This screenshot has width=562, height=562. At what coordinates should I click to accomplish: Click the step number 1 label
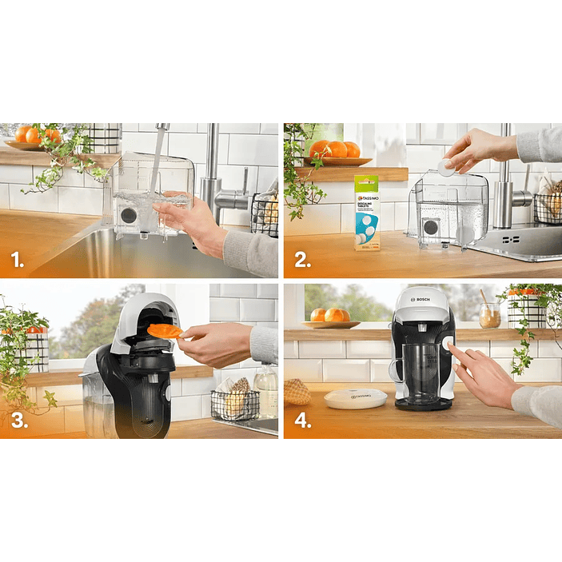click(x=16, y=259)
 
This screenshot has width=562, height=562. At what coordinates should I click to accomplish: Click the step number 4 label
click(x=302, y=421)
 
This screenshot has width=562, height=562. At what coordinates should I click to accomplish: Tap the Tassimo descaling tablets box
click(x=368, y=213)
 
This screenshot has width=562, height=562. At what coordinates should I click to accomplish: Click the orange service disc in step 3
click(x=165, y=330)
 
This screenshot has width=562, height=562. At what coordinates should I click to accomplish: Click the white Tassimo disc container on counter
click(x=355, y=397)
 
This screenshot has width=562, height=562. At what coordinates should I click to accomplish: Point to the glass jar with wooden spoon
click(x=488, y=316)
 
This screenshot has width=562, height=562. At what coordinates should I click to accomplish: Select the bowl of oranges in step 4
click(x=330, y=317)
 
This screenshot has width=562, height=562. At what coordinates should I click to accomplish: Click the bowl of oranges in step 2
click(x=334, y=152)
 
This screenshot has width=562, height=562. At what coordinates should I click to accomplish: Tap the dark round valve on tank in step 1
click(x=128, y=215)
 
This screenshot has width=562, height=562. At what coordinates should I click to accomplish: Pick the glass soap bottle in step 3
click(x=266, y=389)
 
